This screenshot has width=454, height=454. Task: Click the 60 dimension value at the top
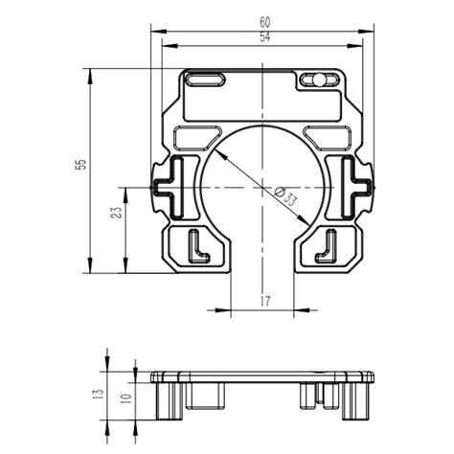(x=263, y=20)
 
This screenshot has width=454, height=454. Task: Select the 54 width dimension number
(x=263, y=37)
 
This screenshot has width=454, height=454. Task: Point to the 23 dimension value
(x=117, y=214)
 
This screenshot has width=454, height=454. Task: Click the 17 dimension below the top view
(x=264, y=302)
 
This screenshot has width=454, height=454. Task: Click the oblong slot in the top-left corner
(x=204, y=79)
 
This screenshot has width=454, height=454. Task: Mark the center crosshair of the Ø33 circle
(x=263, y=185)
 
